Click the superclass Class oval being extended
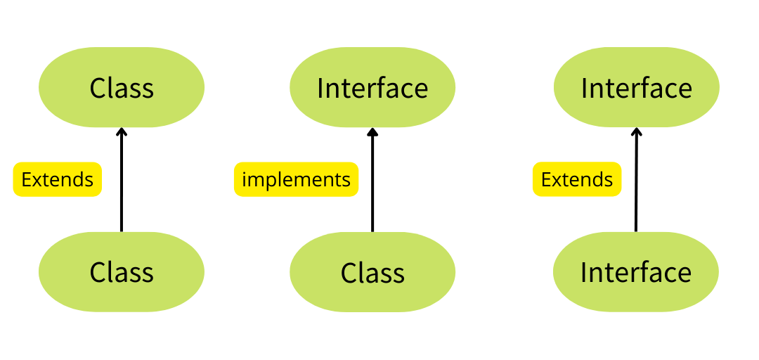click(122, 88)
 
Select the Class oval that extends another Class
click(122, 272)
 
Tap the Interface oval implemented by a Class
click(372, 88)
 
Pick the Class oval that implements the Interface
click(372, 272)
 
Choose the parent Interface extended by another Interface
click(637, 88)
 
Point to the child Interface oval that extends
click(636, 272)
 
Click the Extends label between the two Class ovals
click(58, 179)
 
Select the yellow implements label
click(296, 179)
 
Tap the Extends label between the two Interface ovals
click(577, 179)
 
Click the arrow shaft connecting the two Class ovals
click(122, 183)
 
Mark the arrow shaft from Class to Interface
click(372, 183)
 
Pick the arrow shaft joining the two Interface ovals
click(636, 183)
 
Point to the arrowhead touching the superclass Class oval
click(122, 131)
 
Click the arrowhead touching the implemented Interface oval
click(372, 131)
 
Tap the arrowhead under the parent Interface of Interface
click(637, 131)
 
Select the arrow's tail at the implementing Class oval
click(372, 229)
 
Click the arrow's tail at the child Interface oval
click(636, 229)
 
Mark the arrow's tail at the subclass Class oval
click(122, 229)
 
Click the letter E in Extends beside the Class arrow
click(26, 179)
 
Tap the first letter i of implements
click(245, 179)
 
